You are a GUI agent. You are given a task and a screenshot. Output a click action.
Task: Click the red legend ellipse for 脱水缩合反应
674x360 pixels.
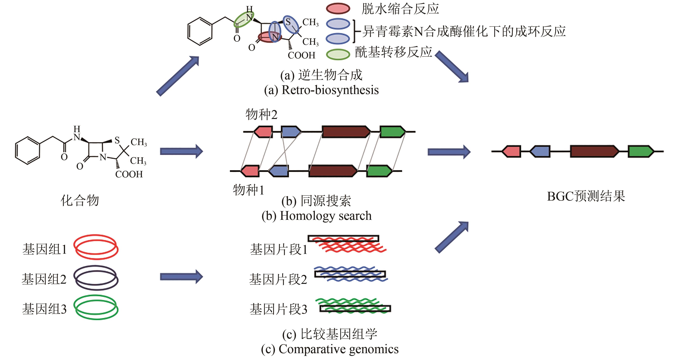[x=338, y=9]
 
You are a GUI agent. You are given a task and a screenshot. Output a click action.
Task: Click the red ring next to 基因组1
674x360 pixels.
[x=96, y=247]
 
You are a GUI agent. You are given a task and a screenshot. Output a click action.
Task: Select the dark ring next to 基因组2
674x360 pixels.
[x=96, y=278]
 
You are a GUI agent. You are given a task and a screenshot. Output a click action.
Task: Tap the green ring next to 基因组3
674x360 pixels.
[x=96, y=307]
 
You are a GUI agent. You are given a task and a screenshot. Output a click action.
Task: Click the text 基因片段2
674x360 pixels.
[x=278, y=279]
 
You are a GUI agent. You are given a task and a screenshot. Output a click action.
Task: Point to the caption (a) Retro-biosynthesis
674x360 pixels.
[x=321, y=90]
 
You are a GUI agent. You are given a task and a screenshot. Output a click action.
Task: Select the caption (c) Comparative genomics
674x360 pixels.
[x=330, y=349]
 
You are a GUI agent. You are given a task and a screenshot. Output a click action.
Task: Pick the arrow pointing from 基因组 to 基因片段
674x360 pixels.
[x=181, y=276]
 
